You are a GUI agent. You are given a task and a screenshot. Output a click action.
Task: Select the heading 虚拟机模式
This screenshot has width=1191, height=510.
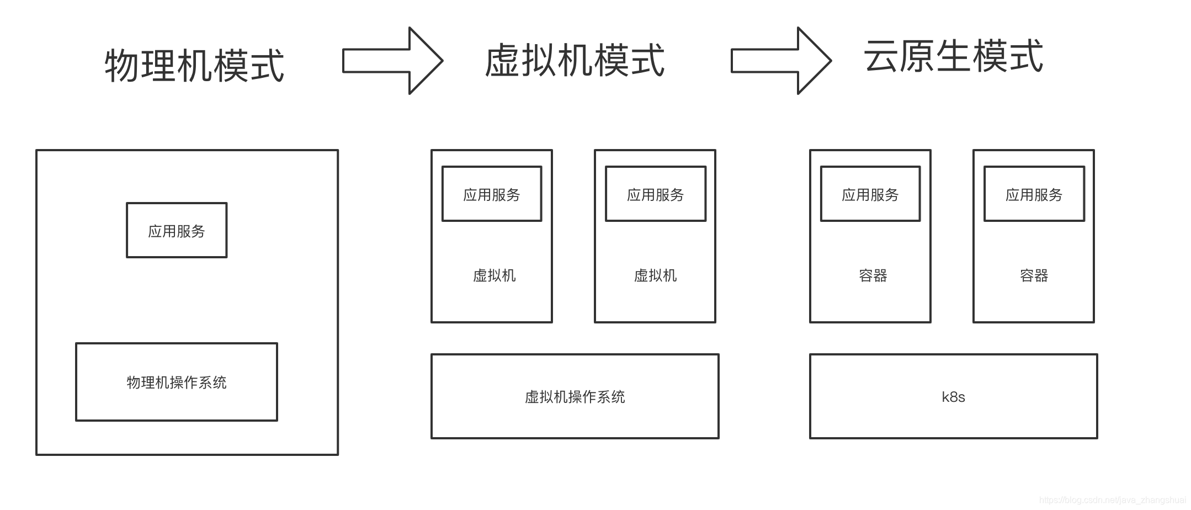(x=575, y=61)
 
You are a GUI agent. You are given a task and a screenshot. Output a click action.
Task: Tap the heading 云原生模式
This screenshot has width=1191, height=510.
(x=953, y=56)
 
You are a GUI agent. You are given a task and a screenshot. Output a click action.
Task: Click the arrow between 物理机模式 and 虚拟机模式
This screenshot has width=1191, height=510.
(x=392, y=61)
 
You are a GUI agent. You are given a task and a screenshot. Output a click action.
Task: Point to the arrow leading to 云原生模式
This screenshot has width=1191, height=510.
(x=780, y=61)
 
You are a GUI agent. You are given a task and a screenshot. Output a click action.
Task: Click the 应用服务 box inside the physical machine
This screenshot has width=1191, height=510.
(x=177, y=230)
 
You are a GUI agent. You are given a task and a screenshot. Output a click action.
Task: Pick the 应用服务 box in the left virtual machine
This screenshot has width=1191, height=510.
(x=492, y=194)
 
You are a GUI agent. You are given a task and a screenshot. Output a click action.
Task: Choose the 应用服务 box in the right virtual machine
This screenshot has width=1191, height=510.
(x=655, y=194)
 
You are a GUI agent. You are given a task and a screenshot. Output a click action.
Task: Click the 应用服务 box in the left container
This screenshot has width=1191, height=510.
(x=870, y=194)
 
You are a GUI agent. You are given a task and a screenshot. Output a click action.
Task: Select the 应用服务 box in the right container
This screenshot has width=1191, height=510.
(x=1034, y=194)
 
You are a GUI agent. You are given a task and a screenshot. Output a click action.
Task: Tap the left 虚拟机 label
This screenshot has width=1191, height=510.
(x=494, y=275)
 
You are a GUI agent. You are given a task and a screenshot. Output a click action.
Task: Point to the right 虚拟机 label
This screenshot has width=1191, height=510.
(x=655, y=275)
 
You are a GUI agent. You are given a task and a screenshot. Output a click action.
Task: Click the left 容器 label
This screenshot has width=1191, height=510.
(x=873, y=275)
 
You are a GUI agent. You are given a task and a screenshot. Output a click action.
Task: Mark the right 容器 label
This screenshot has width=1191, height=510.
(x=1034, y=275)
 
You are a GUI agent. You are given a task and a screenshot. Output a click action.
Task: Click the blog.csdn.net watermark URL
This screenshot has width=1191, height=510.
(x=1112, y=500)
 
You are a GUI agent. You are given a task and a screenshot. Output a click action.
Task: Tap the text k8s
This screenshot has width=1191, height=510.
(x=953, y=397)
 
